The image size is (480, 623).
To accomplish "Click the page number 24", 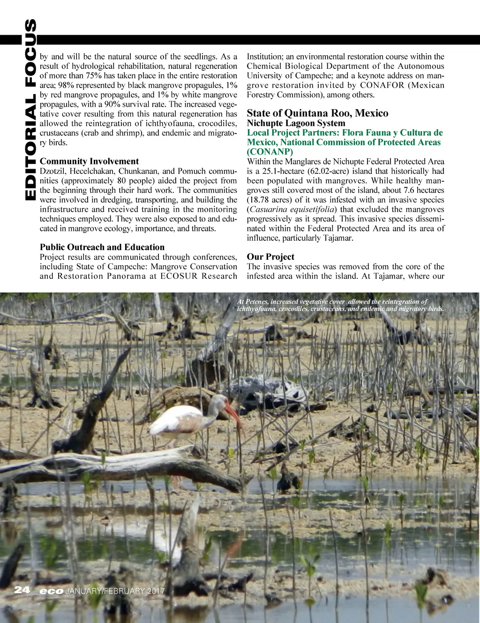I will tap(22, 590).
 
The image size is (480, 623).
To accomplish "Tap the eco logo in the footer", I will tap(52, 591).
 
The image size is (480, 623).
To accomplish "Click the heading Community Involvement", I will tap(89, 161).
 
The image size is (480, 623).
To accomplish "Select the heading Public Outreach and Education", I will tap(102, 247).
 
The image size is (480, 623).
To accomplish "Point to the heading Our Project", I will tap(270, 256).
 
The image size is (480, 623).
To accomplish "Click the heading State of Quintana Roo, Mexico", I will tap(317, 113).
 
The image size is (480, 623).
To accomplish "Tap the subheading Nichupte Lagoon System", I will tap(296, 123).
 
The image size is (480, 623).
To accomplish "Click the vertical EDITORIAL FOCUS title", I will tap(30, 110).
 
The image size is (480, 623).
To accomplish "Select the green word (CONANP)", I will tap(270, 152).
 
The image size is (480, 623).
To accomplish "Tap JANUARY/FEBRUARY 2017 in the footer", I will tap(115, 591).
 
